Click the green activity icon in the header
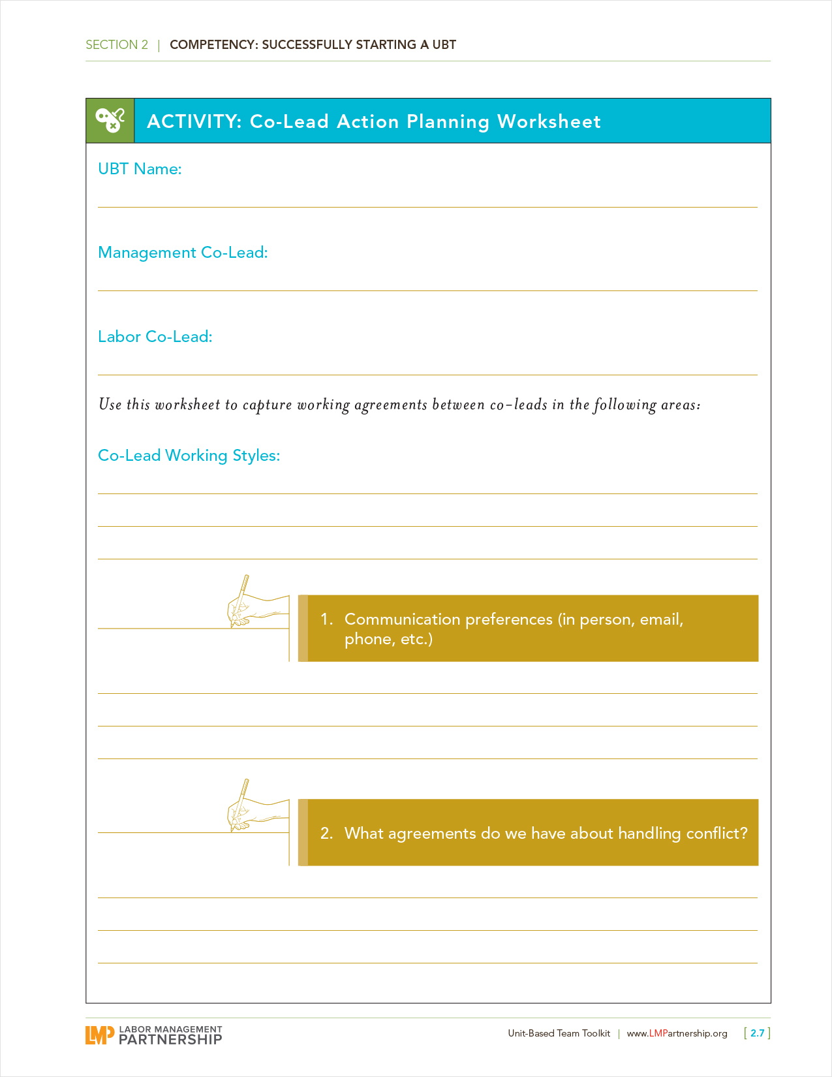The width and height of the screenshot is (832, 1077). tap(110, 121)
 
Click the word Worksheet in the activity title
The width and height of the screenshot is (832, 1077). tap(549, 121)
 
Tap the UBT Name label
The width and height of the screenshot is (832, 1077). tap(140, 169)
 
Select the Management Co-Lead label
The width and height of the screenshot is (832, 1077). tap(183, 253)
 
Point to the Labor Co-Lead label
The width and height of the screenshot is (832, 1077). tap(155, 337)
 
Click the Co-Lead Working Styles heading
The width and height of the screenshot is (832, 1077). tap(189, 456)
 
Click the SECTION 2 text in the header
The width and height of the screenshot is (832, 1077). tap(117, 45)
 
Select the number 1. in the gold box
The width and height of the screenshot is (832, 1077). tap(326, 619)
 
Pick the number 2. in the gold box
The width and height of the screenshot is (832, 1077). tap(326, 834)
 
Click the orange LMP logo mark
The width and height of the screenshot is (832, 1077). tap(99, 1035)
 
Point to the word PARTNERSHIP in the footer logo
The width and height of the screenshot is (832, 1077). tap(170, 1039)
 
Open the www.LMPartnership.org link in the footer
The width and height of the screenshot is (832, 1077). tap(677, 1033)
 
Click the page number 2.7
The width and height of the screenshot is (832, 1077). tap(757, 1033)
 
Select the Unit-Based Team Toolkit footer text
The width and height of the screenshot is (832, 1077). tap(559, 1033)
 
